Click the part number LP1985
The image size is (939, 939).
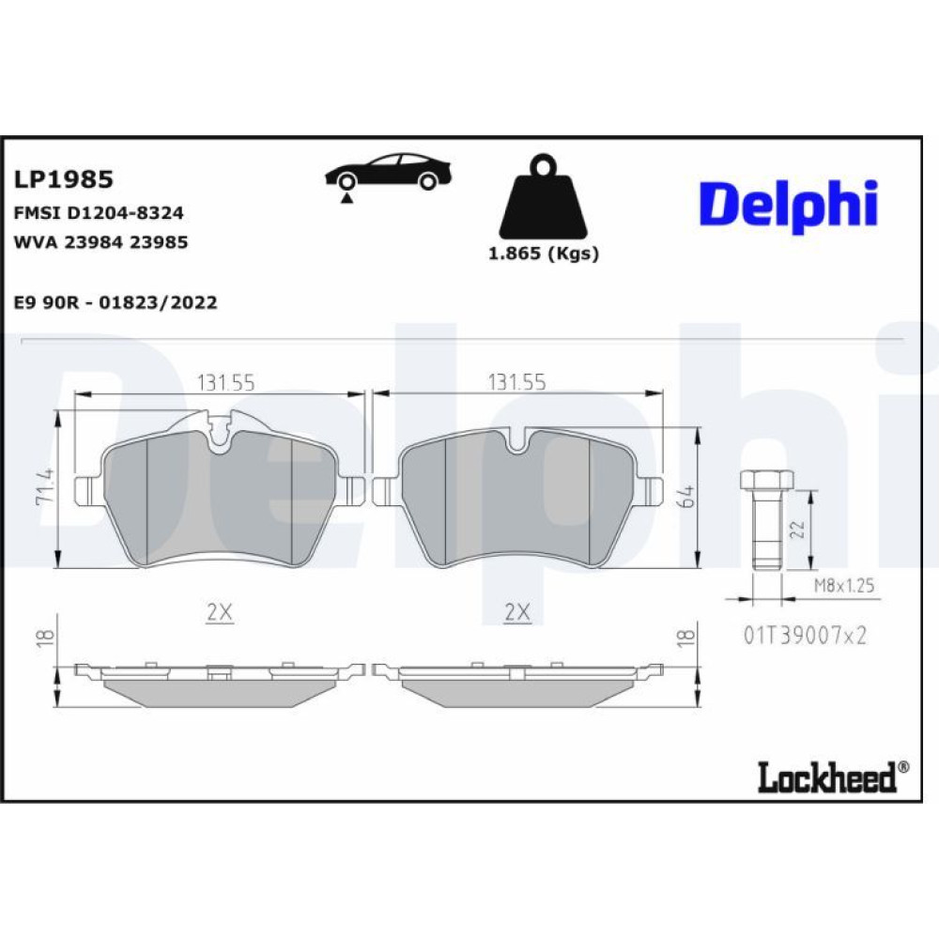pos(64,179)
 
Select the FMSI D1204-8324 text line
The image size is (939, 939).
pos(99,212)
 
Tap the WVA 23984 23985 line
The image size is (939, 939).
pos(100,242)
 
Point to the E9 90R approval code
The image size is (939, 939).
pos(115,302)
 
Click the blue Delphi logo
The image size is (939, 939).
pos(789,206)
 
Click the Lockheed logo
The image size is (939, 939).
pos(833,777)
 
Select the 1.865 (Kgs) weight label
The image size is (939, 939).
pos(544,254)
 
